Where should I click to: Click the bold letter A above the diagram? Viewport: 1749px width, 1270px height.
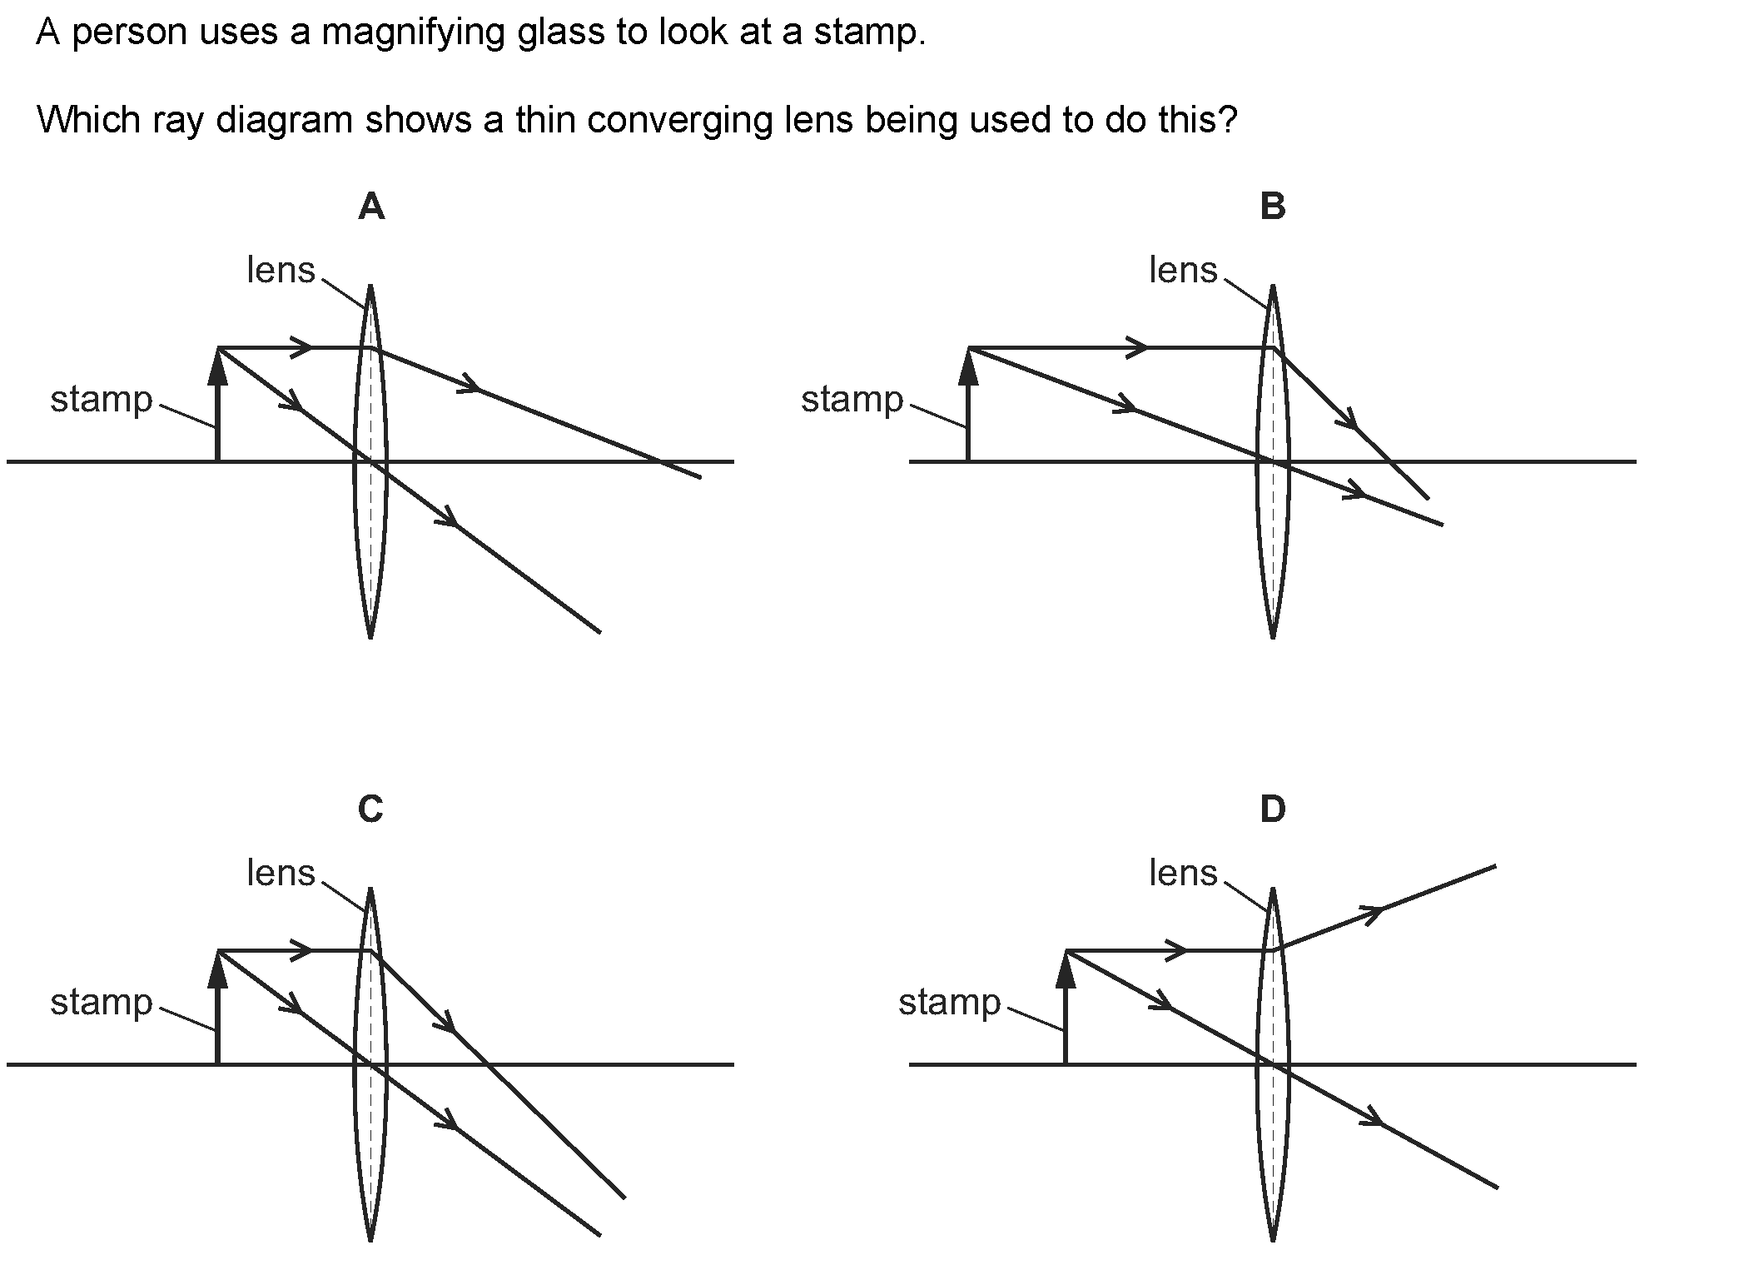coord(371,207)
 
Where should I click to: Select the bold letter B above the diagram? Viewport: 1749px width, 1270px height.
coord(1273,207)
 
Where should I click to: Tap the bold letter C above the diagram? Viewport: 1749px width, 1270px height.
coord(370,809)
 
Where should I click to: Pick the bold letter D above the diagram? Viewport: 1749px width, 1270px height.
coord(1273,809)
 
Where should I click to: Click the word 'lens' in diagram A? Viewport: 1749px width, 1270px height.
coord(281,270)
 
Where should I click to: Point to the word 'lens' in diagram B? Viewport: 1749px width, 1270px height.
coord(1183,270)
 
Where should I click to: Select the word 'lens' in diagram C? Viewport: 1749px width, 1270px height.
coord(281,873)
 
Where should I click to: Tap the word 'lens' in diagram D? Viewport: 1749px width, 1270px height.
coord(1183,873)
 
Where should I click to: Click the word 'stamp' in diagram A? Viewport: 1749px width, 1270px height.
coord(102,400)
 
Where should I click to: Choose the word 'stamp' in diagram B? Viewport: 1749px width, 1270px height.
coord(852,400)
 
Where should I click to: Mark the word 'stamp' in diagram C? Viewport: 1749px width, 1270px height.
coord(102,1002)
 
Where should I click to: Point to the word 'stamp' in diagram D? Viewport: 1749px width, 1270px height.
coord(949,1002)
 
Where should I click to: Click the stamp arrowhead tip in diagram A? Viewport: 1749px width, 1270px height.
coord(217,349)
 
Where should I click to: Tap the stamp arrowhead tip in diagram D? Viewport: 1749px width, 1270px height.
coord(1066,952)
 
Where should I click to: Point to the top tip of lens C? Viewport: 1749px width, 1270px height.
coord(370,888)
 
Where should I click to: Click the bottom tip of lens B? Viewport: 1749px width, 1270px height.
coord(1273,638)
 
